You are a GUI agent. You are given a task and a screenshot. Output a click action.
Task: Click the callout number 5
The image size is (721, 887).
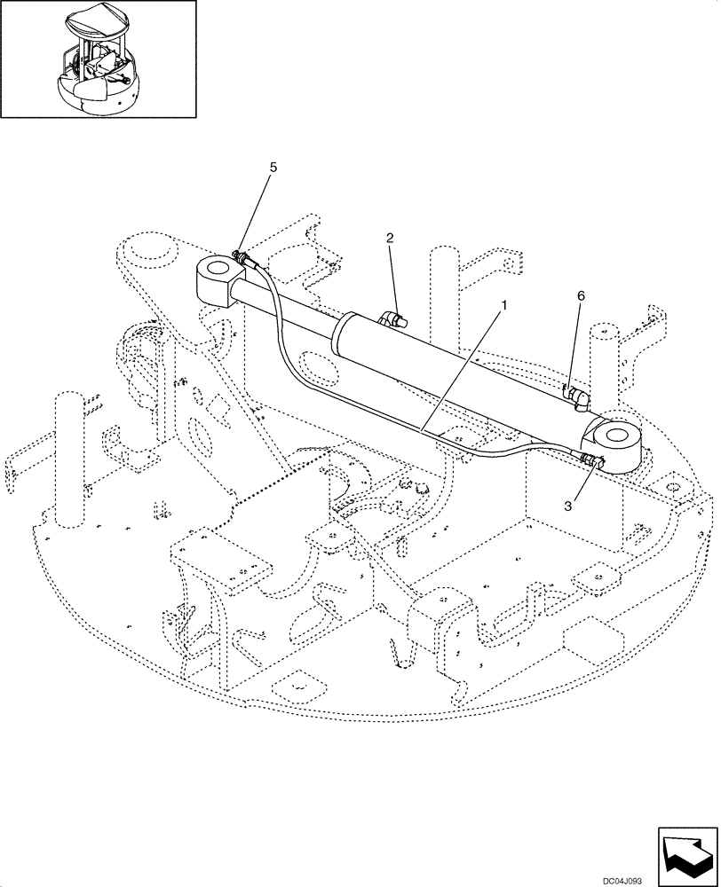(273, 166)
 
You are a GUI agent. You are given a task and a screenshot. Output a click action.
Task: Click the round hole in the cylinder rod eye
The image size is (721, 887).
(216, 267)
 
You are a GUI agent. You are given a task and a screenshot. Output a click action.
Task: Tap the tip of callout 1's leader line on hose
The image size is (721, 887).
(424, 432)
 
